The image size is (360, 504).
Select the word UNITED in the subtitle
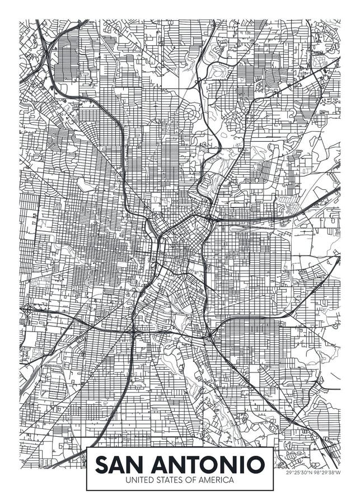point(137,480)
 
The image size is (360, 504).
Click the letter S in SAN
point(102,464)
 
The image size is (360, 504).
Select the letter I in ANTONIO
point(242,464)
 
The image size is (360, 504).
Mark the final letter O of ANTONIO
point(256,464)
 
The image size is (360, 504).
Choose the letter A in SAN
point(118,464)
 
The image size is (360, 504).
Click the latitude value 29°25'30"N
point(299,473)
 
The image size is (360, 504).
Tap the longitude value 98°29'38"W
point(327,473)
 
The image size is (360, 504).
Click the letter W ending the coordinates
point(339,473)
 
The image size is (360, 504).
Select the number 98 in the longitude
point(317,473)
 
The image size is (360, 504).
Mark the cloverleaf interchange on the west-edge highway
point(27,308)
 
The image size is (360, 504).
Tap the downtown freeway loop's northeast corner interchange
point(211,218)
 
